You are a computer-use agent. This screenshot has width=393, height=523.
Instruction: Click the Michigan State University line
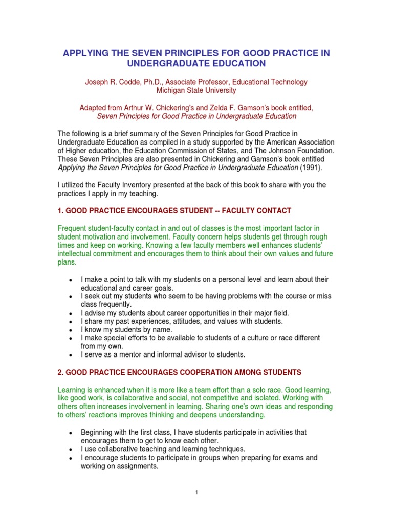196,90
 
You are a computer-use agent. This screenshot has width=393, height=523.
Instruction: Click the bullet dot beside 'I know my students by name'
70,330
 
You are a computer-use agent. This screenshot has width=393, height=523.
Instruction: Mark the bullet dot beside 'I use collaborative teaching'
70,449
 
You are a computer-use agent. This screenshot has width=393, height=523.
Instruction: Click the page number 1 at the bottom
196,492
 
